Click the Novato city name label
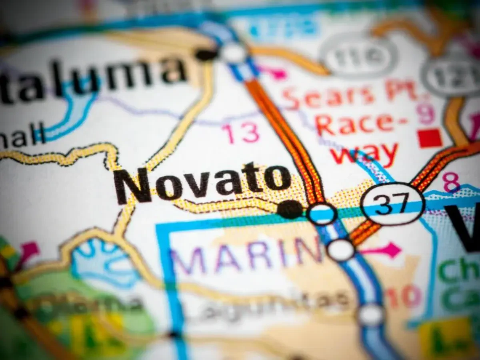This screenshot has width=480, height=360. [202, 182]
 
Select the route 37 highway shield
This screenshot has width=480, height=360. [392, 204]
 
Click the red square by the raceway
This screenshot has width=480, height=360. [430, 138]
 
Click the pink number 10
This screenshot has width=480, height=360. [404, 298]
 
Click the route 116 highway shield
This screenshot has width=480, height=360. [358, 56]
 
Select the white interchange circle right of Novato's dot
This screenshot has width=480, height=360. [322, 214]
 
